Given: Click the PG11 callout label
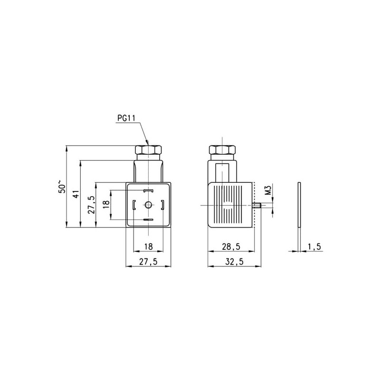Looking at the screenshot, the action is click(126, 118).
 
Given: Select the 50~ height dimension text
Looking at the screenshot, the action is click(62, 186).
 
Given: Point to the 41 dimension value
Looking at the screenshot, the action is click(76, 194).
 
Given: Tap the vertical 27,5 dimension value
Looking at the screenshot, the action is click(91, 205).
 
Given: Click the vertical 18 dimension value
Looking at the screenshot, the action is click(106, 205).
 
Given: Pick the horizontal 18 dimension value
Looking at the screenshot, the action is click(149, 247).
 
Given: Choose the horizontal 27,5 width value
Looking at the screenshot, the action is click(148, 262).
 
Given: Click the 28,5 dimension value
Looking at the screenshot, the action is click(231, 247).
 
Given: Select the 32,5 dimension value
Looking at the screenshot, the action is click(234, 262).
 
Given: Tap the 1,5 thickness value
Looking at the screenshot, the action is click(314, 247).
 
